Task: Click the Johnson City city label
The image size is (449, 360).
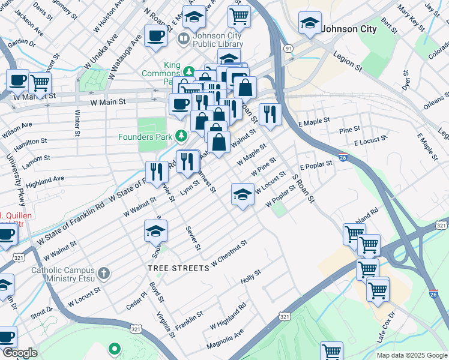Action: pos(349,28)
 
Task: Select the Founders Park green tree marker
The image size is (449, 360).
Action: pos(181,136)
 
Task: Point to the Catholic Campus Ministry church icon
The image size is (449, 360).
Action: pos(104,274)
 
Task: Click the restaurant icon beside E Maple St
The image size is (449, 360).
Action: pos(270,113)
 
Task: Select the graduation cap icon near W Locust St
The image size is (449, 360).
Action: pos(243,194)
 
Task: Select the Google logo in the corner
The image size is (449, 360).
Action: pos(20,353)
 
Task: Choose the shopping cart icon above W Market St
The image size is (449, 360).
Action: pos(40,83)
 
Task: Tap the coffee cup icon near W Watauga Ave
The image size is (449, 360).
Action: pos(155,35)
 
